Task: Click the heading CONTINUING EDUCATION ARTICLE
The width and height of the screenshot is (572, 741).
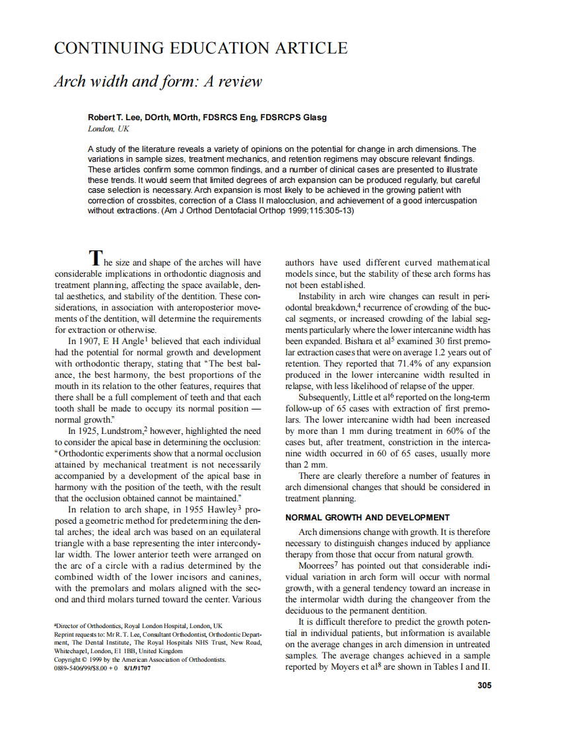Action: pos(200,48)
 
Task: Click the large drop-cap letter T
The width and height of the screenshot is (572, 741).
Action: pos(96,257)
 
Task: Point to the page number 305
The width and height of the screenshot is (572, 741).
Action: pos(484,685)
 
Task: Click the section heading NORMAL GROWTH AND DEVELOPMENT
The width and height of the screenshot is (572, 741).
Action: pos(367,517)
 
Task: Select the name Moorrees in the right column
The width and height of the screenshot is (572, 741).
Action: pos(316,566)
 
